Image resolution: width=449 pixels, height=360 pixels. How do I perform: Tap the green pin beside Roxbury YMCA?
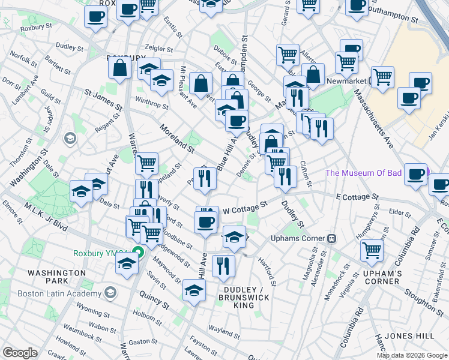137,253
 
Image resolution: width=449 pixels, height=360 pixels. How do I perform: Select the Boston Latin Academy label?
59,293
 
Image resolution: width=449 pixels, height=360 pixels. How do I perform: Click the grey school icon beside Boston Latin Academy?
110,293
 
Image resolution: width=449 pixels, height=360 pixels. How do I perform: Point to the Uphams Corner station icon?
331,238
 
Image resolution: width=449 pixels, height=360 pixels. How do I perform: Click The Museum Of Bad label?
363,173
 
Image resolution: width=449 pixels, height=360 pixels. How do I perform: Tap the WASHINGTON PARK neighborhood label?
56,277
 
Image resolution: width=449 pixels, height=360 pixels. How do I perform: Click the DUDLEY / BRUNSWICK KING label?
244,297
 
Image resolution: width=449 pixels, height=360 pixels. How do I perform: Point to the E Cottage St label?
357,197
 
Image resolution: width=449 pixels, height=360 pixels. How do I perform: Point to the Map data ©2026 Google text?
411,355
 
